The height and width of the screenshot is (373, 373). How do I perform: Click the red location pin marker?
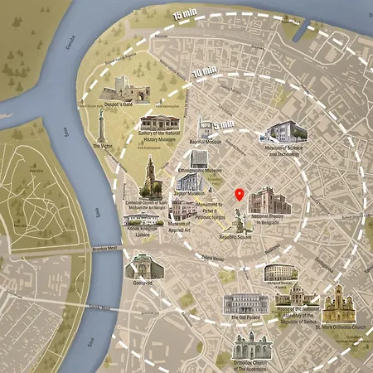(x=240, y=196)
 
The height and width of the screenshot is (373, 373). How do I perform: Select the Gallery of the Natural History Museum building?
(x=158, y=124)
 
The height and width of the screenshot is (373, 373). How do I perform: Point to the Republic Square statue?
(x=239, y=221)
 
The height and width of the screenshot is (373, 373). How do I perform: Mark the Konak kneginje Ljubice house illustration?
(x=141, y=217)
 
